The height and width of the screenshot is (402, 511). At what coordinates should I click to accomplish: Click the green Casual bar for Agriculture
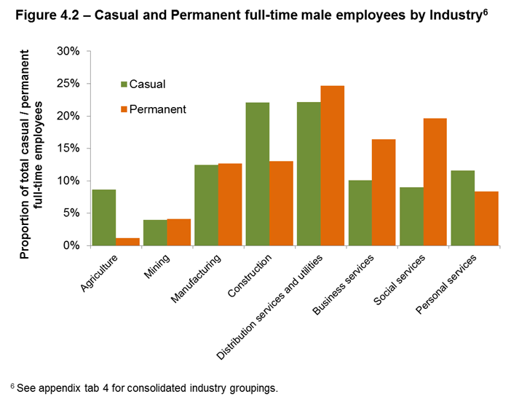pos(103,218)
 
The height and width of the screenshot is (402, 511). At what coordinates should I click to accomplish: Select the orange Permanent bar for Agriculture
pos(128,242)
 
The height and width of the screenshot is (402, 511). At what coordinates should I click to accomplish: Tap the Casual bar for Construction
pos(257,174)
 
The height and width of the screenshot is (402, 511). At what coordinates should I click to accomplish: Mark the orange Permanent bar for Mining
pos(179,232)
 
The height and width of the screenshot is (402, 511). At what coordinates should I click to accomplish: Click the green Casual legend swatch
pos(124,84)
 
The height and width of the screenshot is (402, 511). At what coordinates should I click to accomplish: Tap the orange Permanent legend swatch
pos(124,110)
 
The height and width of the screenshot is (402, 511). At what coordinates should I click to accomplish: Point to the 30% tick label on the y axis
pos(68,52)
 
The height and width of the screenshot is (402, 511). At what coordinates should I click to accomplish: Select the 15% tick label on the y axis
pos(68,149)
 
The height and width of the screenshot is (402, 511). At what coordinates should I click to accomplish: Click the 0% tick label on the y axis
pos(71,245)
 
